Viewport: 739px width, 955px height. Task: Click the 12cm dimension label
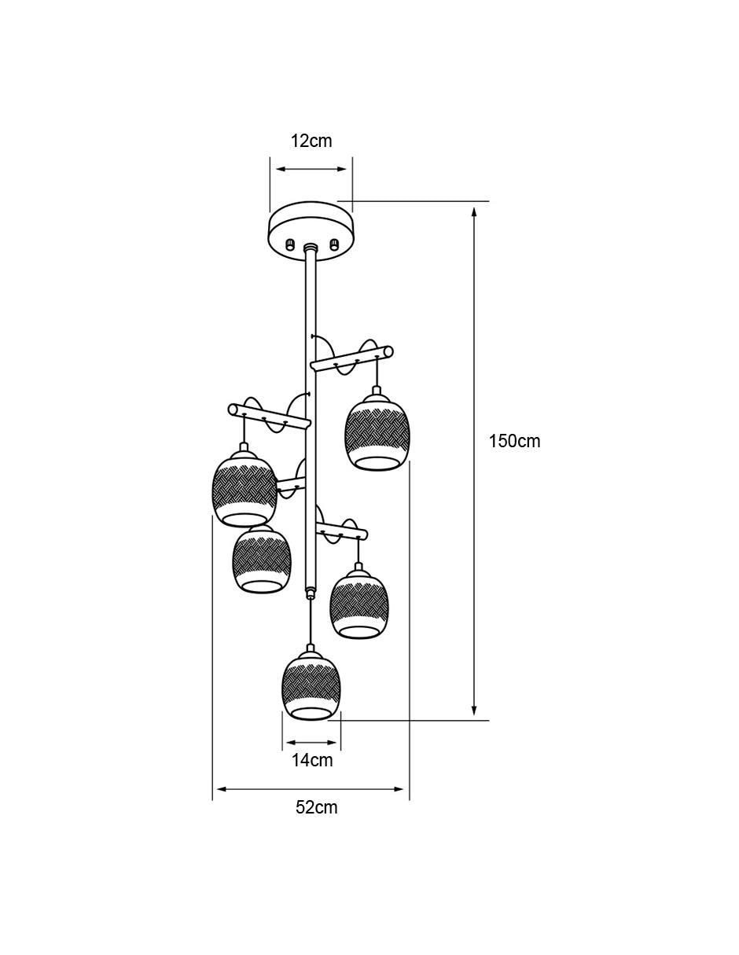coord(311,141)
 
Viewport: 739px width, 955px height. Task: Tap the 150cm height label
coord(514,441)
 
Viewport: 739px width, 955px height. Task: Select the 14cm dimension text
coord(312,760)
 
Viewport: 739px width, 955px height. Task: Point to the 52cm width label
coord(316,807)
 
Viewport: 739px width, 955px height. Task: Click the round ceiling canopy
coord(311,231)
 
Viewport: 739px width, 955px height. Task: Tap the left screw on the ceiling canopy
coord(290,244)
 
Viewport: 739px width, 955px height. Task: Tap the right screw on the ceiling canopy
coord(334,244)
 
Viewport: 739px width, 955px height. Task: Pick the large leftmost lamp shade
coord(244,489)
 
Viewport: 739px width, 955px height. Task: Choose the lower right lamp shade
coord(359,603)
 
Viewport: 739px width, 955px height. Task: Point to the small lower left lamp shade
coord(262,560)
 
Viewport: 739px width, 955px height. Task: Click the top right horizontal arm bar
coord(352,359)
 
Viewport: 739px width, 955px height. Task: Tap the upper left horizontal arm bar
coord(270,416)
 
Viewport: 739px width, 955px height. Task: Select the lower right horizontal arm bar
coord(341,531)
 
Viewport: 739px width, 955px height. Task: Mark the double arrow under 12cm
coord(311,169)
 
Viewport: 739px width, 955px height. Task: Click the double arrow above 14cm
coord(311,742)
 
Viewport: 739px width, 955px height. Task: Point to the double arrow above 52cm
coord(311,789)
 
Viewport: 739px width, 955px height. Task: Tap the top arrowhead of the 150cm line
coord(473,213)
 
